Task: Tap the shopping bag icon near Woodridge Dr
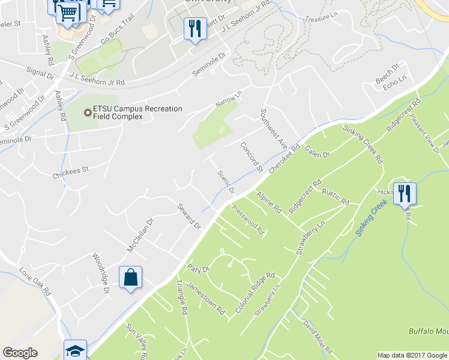[x=130, y=278]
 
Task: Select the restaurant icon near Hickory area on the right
[x=405, y=194]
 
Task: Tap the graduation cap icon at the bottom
[x=76, y=350]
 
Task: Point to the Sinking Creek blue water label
[x=371, y=218]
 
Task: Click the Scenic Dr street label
[x=225, y=181]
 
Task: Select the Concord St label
[x=252, y=157]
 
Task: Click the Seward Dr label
[x=188, y=217]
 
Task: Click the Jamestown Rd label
[x=205, y=299]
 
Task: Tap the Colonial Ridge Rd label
[x=255, y=293]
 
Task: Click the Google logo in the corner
[x=20, y=353]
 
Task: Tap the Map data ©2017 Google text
[x=412, y=355]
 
